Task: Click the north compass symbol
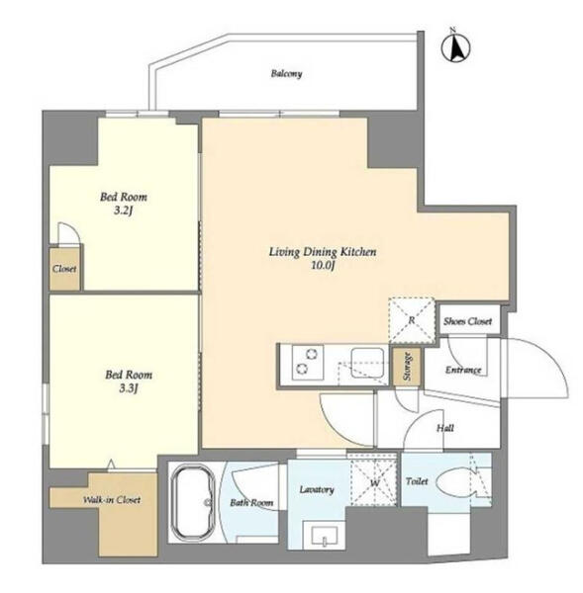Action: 455,48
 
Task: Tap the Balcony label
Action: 286,73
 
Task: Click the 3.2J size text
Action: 124,211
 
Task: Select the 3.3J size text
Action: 128,388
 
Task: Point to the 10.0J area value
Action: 323,265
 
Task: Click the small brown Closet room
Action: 64,269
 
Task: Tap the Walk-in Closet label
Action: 112,500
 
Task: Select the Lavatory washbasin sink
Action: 325,536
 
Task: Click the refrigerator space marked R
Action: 412,320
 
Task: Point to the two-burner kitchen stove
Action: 307,363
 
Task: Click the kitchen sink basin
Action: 367,363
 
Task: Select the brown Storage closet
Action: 407,366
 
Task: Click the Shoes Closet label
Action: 468,321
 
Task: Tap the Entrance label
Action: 463,370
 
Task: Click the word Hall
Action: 445,428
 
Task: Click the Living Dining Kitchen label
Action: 323,251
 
